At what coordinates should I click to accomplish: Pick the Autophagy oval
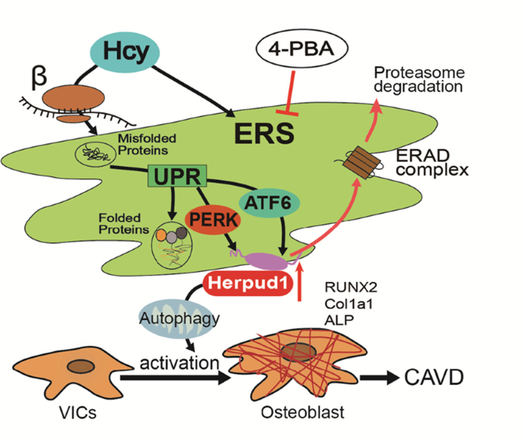tap(171, 318)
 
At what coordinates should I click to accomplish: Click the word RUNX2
tap(344, 286)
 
